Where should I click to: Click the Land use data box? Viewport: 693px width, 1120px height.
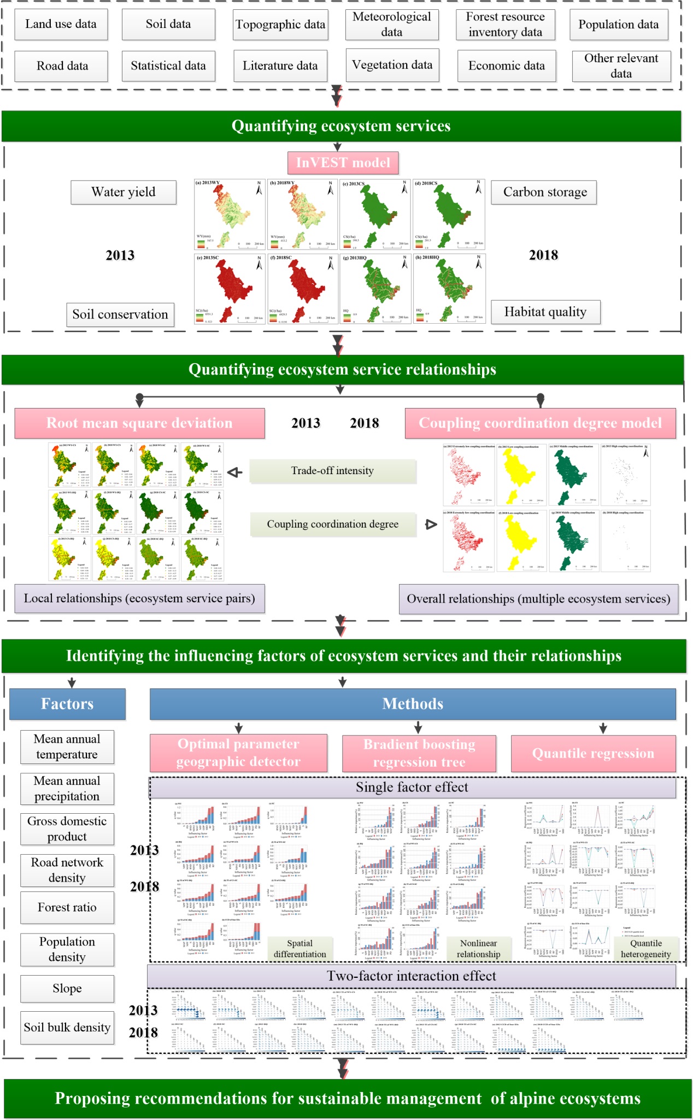[x=61, y=25]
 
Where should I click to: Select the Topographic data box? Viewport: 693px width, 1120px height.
[x=280, y=25]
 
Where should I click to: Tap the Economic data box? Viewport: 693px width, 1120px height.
[x=506, y=66]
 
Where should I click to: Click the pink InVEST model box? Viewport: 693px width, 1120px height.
[x=343, y=162]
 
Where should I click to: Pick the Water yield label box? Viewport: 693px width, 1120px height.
[x=124, y=192]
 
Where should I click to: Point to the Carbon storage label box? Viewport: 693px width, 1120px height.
[x=544, y=192]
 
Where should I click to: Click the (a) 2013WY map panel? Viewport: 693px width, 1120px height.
[x=230, y=214]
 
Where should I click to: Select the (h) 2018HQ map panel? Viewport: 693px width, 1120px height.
[x=449, y=288]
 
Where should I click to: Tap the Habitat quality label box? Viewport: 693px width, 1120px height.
[x=545, y=312]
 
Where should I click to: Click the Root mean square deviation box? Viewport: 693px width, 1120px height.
[x=139, y=423]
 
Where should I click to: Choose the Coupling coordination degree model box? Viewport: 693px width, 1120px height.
[x=540, y=423]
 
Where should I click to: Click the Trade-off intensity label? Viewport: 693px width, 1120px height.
[x=332, y=471]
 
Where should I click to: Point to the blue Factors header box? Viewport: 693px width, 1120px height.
[x=67, y=704]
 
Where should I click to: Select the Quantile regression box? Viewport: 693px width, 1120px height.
[x=593, y=754]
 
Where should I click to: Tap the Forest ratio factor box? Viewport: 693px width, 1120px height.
[x=67, y=908]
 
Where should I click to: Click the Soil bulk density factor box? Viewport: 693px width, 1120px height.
[x=67, y=1028]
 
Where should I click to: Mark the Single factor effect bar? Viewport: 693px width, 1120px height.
[x=412, y=787]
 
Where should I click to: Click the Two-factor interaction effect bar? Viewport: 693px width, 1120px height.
[x=412, y=976]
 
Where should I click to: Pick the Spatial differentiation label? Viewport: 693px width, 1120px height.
[x=300, y=949]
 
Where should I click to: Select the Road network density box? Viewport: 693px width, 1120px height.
[x=67, y=870]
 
